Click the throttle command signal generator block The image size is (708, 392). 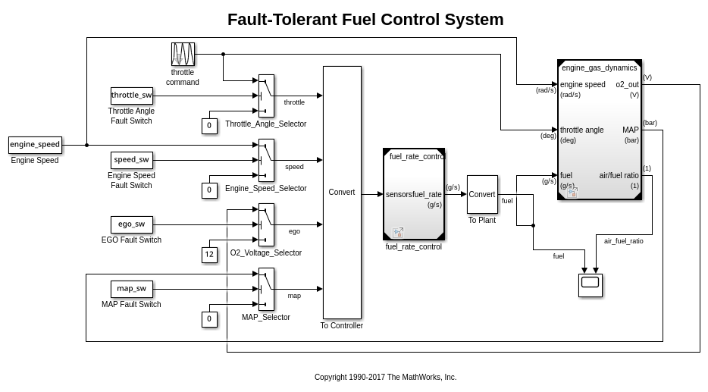pyautogui.click(x=183, y=55)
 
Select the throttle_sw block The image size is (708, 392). pyautogui.click(x=132, y=96)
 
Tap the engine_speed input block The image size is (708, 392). pyautogui.click(x=35, y=145)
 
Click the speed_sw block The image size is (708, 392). pyautogui.click(x=132, y=160)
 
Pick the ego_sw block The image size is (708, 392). pyautogui.click(x=132, y=224)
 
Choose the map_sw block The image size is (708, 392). pyautogui.click(x=132, y=289)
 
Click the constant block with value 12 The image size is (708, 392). pyautogui.click(x=209, y=255)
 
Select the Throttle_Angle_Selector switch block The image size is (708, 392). pyautogui.click(x=266, y=96)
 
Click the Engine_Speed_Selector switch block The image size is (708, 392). pyautogui.click(x=266, y=160)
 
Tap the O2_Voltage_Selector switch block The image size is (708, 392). pyautogui.click(x=266, y=224)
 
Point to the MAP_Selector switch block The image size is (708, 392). pyautogui.click(x=266, y=289)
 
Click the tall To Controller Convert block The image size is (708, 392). pyautogui.click(x=342, y=193)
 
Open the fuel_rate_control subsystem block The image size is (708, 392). pyautogui.click(x=414, y=194)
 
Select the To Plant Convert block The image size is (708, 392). pyautogui.click(x=482, y=195)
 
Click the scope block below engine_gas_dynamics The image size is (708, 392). pyautogui.click(x=590, y=285)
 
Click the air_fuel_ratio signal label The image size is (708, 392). pyautogui.click(x=623, y=241)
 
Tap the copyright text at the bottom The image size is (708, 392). pyautogui.click(x=385, y=377)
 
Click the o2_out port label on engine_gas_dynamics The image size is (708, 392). pyautogui.click(x=627, y=85)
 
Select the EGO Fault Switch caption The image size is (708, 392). pyautogui.click(x=131, y=240)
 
